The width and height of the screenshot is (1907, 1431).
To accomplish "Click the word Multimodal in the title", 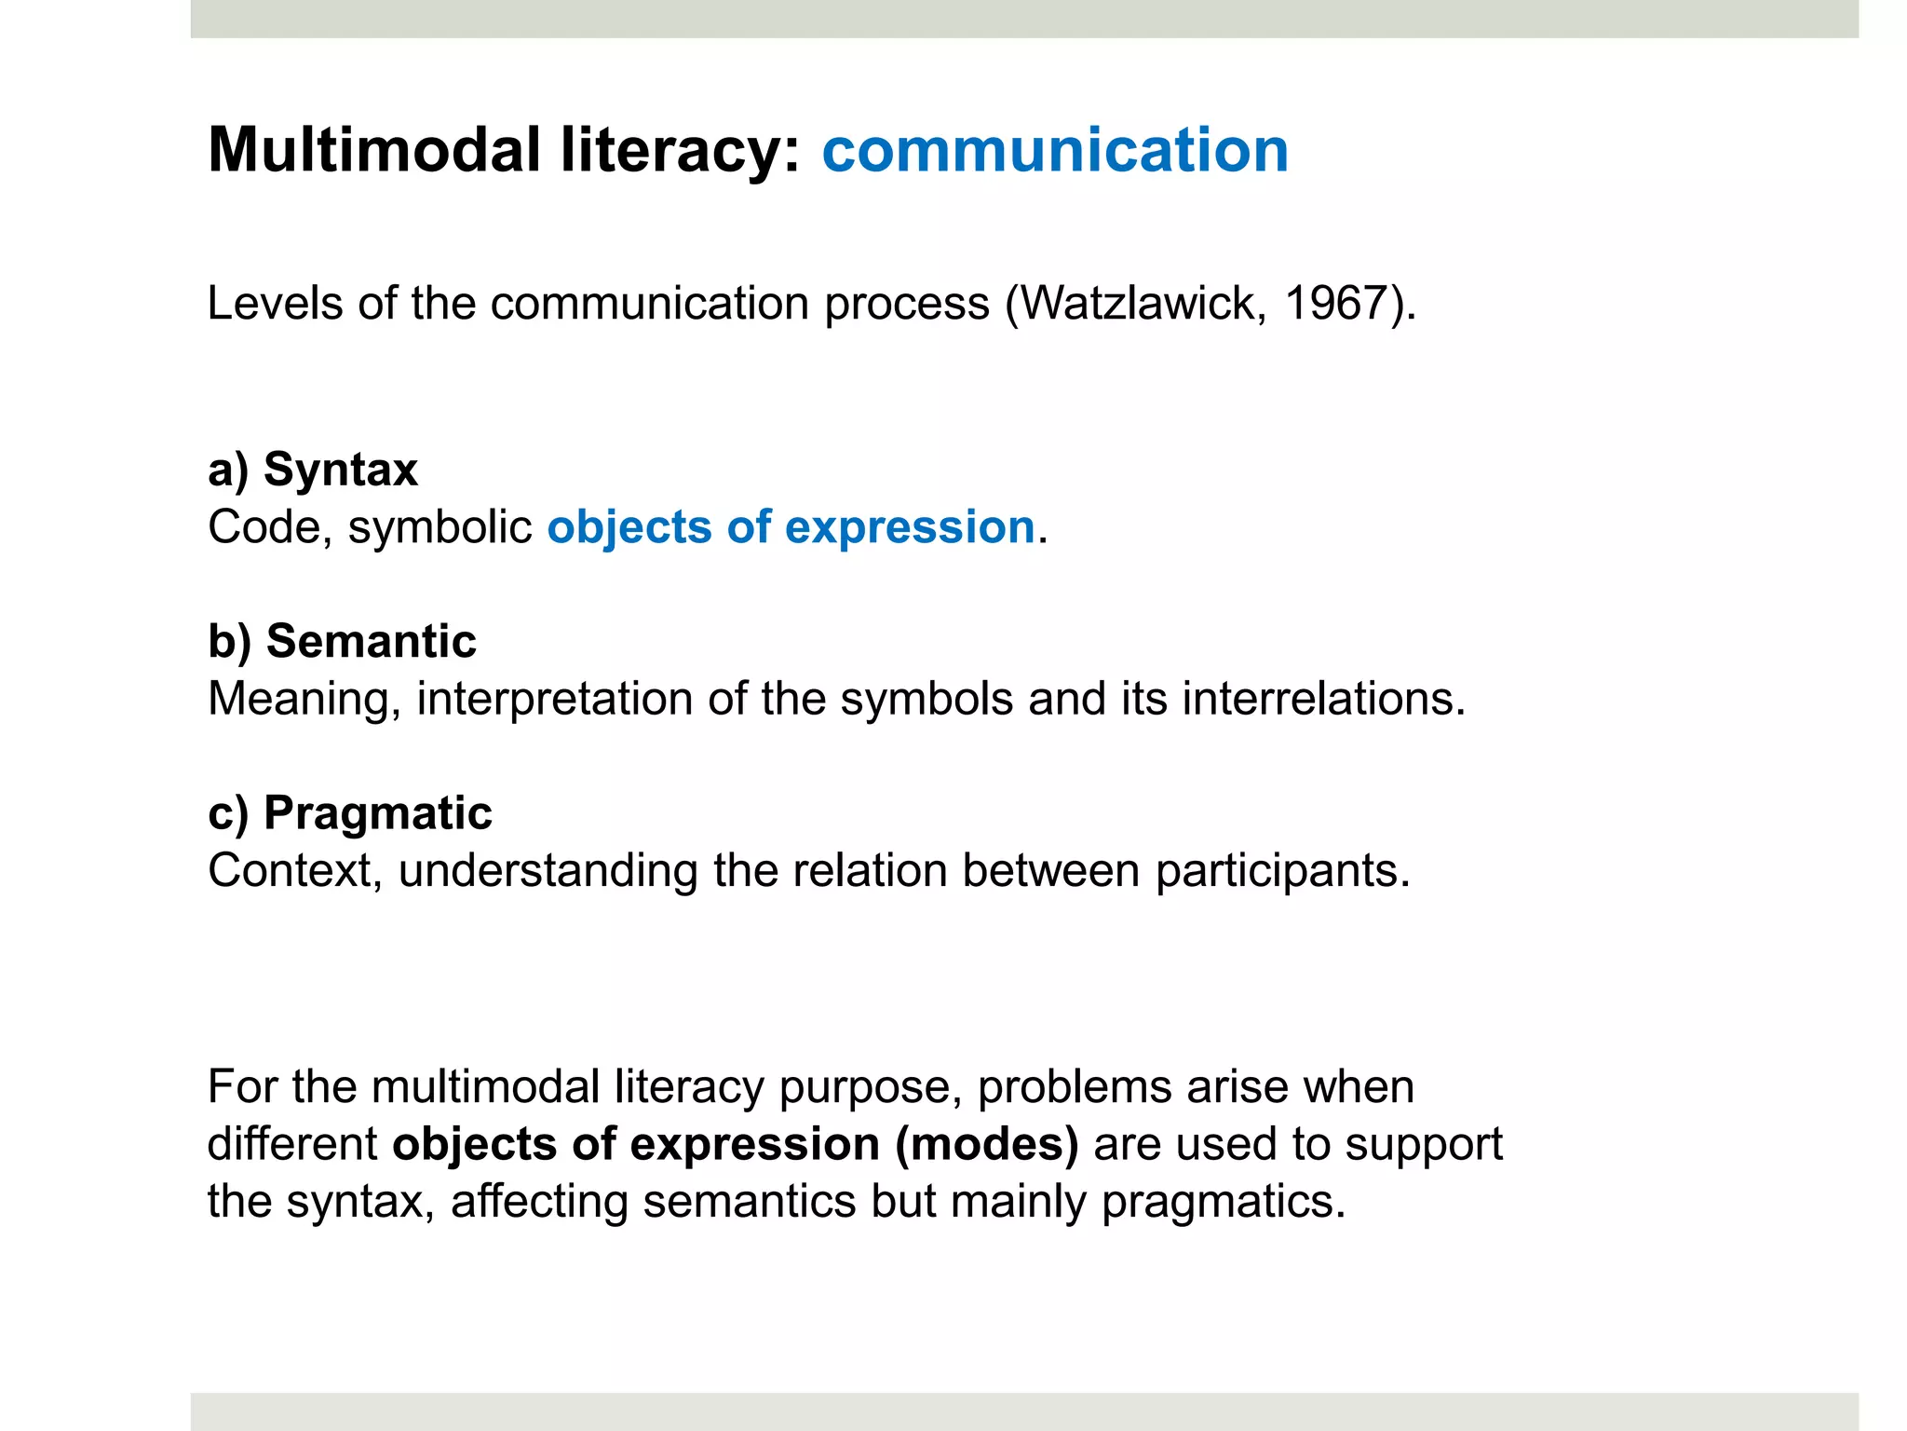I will (x=373, y=150).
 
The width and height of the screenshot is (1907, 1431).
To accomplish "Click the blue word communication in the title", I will (x=1055, y=150).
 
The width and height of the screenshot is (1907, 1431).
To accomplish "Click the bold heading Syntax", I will (x=341, y=469).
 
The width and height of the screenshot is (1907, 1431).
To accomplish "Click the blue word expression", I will (x=910, y=527).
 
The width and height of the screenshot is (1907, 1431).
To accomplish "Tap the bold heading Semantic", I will (x=371, y=641).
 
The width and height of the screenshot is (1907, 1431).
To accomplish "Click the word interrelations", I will (x=1323, y=699).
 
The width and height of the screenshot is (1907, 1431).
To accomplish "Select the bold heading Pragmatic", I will (x=378, y=812).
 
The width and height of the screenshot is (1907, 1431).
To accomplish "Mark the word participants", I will (x=1282, y=870).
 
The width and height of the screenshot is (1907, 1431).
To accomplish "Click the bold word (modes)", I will (x=987, y=1143).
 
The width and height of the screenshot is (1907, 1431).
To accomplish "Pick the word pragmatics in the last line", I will (x=1224, y=1201).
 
